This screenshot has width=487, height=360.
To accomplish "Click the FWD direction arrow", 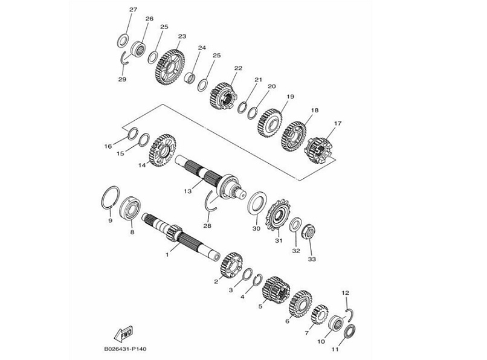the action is [123, 333].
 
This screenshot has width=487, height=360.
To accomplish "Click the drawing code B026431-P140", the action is [125, 349].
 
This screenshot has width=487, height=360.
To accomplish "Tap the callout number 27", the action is [134, 10].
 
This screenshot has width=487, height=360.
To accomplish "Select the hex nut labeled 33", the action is [308, 231].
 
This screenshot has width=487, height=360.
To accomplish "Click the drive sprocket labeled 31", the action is [278, 214].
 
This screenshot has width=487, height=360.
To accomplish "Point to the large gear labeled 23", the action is [169, 66].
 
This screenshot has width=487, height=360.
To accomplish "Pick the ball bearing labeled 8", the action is [130, 209].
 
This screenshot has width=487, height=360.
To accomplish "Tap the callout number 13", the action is [187, 191].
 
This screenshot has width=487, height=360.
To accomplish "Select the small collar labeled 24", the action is [190, 78].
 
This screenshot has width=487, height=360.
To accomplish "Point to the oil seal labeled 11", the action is [350, 332].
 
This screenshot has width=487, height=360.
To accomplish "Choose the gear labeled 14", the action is [163, 150].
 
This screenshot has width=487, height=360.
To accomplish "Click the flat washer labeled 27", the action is [123, 40].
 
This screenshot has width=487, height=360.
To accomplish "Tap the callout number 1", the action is [167, 255].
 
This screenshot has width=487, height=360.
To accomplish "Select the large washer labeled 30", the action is [257, 203].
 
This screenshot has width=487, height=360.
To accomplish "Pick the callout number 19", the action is [290, 97].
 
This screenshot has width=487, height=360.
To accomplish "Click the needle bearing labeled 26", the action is [138, 49].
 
